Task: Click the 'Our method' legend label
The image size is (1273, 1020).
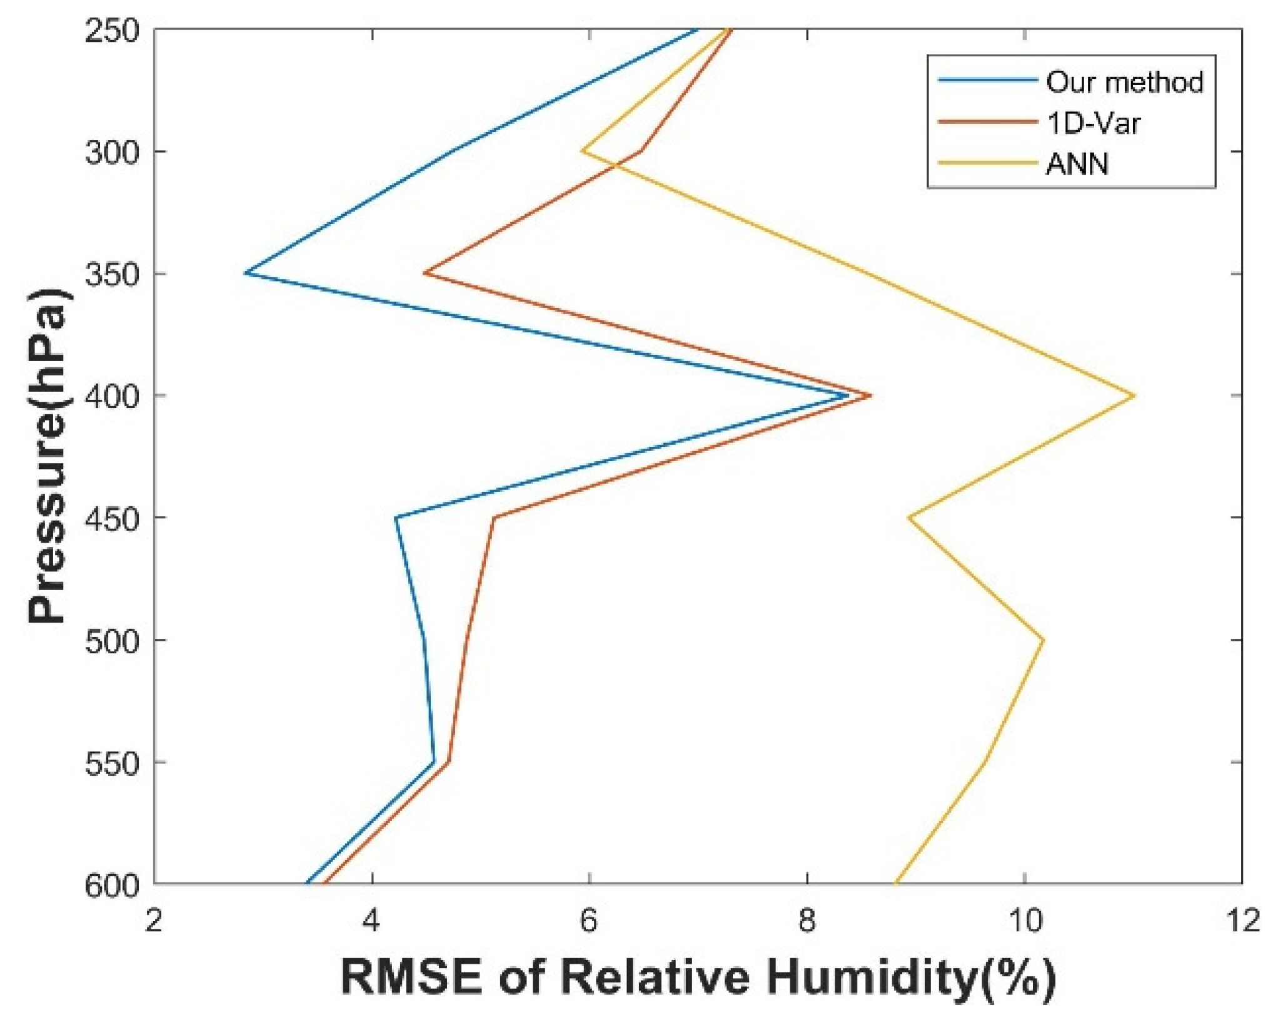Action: pos(1124,82)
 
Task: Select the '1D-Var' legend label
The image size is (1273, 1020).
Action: pos(1093,123)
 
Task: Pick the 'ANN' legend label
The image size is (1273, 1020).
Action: pos(1077,164)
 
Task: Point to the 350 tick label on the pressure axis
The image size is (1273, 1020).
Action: pos(111,273)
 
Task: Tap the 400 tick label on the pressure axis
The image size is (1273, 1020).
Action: pos(111,395)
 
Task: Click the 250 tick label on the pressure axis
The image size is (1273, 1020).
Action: pos(111,30)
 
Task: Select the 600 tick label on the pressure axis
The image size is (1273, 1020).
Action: pos(111,885)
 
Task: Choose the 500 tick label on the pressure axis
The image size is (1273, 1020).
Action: pos(111,640)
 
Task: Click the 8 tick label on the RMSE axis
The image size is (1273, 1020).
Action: pos(807,921)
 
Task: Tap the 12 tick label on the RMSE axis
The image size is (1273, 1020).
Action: pos(1242,921)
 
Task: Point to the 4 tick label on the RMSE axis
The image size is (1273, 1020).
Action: pos(371,921)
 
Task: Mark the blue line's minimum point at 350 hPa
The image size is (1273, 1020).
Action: pos(246,273)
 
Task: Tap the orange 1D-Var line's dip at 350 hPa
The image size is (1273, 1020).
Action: pos(425,273)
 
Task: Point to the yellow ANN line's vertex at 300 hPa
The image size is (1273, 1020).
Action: pos(582,151)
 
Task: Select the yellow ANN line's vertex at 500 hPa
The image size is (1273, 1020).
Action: pos(1043,640)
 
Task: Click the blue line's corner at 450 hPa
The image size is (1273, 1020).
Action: pos(396,518)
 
